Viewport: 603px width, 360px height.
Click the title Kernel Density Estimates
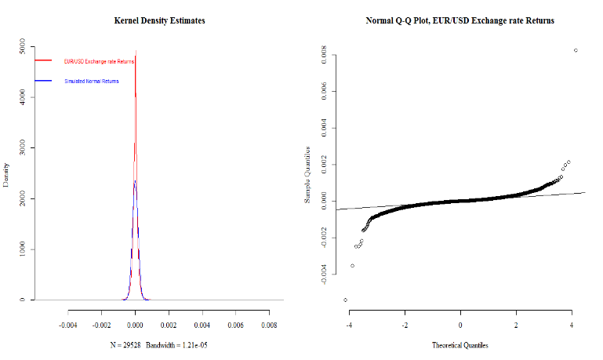pos(160,20)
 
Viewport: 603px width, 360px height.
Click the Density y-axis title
pos(7,174)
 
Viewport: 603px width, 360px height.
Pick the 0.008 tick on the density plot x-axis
pos(269,322)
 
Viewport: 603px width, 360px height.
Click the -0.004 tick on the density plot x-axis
pos(69,322)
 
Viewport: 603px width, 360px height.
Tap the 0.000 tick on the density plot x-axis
pos(136,322)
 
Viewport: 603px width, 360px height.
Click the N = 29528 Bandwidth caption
pos(160,345)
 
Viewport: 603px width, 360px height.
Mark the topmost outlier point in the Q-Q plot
pos(576,50)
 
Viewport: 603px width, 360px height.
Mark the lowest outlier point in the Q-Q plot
pos(345,300)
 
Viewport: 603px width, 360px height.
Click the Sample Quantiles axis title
pos(308,174)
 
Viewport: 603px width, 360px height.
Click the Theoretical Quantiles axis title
pos(461,345)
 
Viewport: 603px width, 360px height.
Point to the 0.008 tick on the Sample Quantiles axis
pos(323,55)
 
